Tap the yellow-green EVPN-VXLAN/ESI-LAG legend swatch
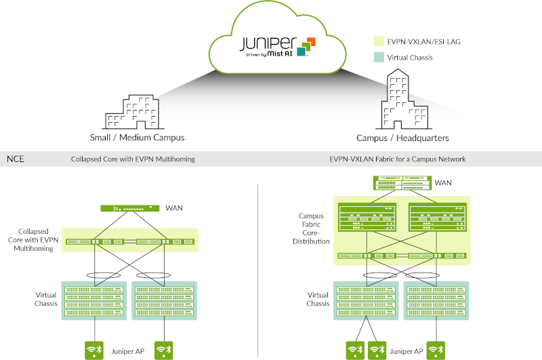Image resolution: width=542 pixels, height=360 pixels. point(378,41)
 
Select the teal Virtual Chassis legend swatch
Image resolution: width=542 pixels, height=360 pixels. point(378,58)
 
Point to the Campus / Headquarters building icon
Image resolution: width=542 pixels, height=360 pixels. point(403,102)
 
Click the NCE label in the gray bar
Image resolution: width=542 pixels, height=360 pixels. point(16,159)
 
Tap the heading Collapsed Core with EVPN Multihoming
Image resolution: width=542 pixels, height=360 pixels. point(133,159)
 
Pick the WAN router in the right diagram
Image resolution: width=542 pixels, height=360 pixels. point(402,182)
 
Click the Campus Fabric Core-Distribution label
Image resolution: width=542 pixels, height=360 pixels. point(314,228)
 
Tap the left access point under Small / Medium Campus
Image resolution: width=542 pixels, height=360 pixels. point(94,350)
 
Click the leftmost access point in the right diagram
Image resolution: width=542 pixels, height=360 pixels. point(353,350)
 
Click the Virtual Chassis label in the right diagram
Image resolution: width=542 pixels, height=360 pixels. point(318,300)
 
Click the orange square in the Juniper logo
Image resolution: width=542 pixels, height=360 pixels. point(311,41)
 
